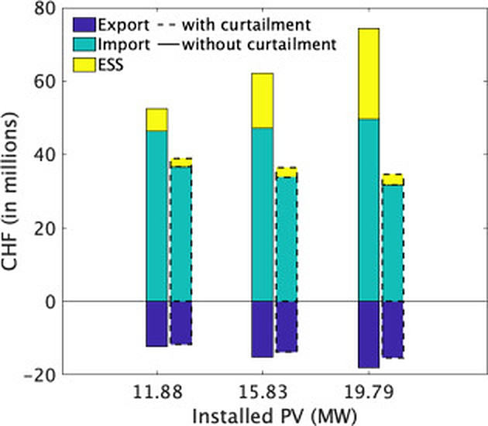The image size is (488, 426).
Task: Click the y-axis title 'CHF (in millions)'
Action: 14,191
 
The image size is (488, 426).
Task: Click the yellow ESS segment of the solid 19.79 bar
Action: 369,74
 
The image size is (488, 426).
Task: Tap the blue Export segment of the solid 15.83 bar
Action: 263,328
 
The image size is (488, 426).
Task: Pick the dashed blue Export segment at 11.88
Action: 181,322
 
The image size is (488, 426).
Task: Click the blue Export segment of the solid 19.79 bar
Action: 369,334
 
